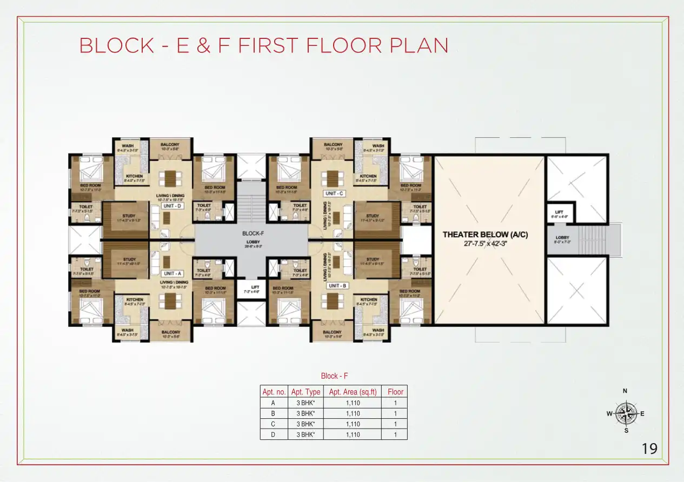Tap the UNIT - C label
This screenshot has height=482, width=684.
tap(334, 193)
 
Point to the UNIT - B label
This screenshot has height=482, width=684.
tap(334, 285)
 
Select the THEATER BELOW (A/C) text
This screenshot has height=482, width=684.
tap(485, 235)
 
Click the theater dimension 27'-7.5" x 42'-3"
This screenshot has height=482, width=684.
tap(485, 243)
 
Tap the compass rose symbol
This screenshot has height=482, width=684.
tap(626, 414)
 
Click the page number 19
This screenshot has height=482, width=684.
tap(649, 448)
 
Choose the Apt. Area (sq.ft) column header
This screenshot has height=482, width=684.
tap(353, 392)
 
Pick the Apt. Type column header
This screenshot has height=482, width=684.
tap(306, 392)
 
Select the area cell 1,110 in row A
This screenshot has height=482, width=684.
tap(353, 403)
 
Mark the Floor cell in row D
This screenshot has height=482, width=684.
tap(395, 434)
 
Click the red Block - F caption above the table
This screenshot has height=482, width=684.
tap(334, 376)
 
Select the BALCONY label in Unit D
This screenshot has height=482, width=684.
tap(170, 145)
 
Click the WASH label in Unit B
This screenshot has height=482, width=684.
tap(378, 330)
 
